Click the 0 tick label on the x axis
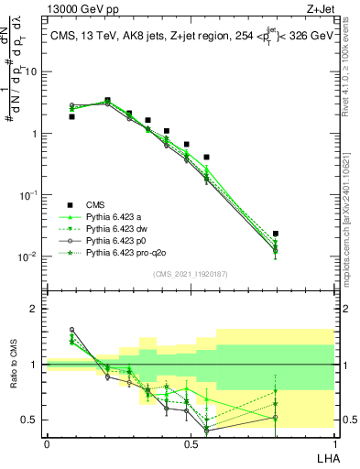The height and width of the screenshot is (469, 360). tap(47, 443)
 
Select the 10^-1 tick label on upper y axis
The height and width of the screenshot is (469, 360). tap(30, 195)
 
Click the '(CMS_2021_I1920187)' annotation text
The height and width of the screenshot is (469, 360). tap(190, 274)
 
